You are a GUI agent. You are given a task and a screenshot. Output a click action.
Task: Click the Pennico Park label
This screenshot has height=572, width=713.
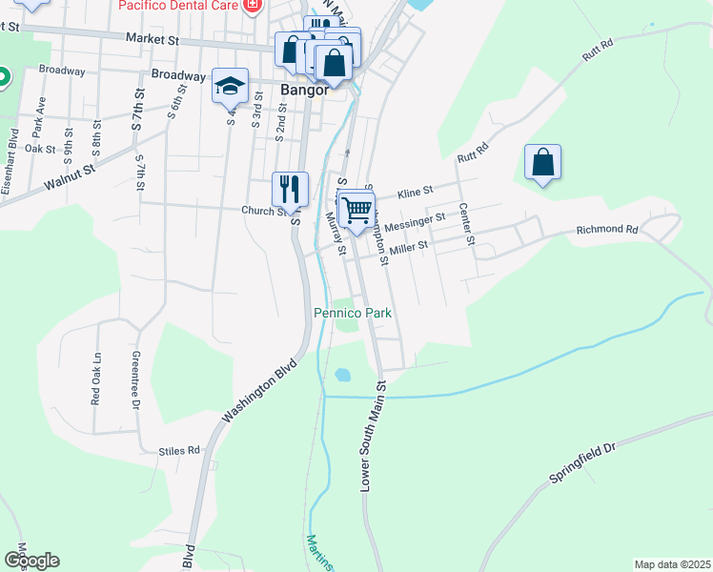(x=353, y=313)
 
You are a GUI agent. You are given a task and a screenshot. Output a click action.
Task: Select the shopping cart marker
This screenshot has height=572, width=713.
(x=356, y=210)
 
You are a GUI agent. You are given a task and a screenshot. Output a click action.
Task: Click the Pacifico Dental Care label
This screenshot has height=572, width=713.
(x=178, y=6)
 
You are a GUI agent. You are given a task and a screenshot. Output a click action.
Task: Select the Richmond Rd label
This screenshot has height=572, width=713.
(x=606, y=230)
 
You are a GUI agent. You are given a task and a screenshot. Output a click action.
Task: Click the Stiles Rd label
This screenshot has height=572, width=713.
(x=180, y=450)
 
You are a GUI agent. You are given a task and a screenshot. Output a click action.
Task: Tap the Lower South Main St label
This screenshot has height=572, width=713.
(x=372, y=437)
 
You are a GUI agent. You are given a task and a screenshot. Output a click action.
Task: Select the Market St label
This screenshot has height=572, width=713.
(x=153, y=39)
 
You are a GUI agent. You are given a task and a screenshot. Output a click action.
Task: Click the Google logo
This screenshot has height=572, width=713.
(x=31, y=561)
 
